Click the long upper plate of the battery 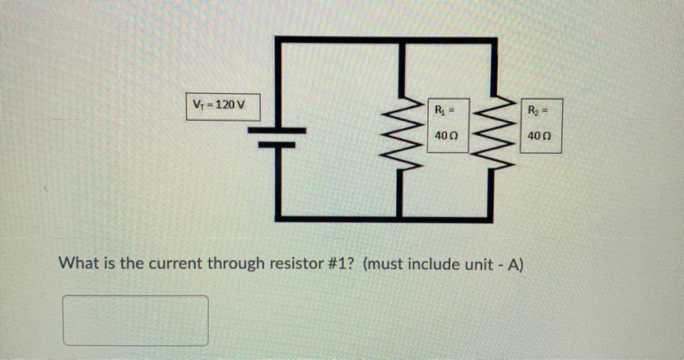[x=277, y=130]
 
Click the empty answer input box [x=136, y=320]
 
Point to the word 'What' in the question [x=78, y=264]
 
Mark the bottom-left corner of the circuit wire [x=278, y=218]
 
